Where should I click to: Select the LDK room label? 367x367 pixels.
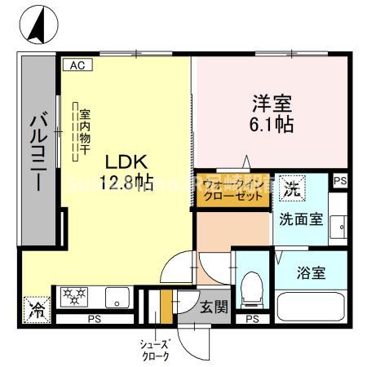click(122, 161)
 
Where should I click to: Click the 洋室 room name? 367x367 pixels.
click(271, 105)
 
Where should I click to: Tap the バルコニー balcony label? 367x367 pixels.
click(38, 152)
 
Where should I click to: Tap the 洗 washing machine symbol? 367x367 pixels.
click(291, 189)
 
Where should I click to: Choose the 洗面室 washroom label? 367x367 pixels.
click(299, 219)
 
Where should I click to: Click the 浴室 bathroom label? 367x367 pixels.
click(311, 272)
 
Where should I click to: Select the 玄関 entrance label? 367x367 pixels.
click(214, 307)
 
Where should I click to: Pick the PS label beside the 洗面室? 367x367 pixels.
click(340, 182)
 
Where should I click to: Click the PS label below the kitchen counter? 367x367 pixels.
click(95, 318)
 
